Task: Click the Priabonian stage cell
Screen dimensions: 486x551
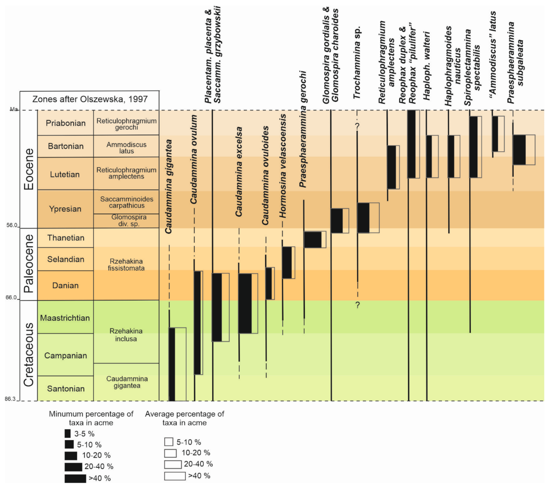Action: [66, 123]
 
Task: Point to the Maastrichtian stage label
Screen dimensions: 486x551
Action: [65, 318]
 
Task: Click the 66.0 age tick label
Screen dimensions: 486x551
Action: [11, 298]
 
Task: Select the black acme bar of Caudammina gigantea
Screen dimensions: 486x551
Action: [172, 364]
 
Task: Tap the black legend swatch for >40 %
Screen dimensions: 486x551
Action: [75, 478]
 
